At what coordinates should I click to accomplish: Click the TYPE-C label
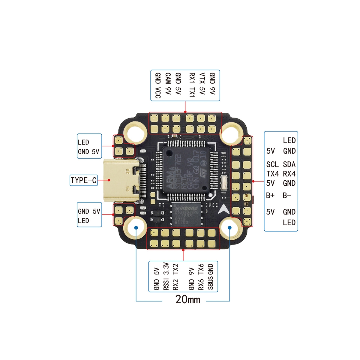pos(83,180)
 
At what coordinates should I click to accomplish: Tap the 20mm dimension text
pos(187,299)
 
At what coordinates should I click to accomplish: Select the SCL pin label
pos(272,164)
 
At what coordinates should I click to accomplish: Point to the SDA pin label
pos(289,164)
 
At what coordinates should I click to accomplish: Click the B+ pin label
pos(270,195)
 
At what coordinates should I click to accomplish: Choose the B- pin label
pos(287,195)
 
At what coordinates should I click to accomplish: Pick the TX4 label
pos(272,174)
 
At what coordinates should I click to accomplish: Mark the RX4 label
pos(289,174)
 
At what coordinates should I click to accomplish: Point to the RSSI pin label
pos(166,283)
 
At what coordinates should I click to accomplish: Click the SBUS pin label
pos(210,283)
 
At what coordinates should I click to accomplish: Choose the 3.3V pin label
pos(166,269)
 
